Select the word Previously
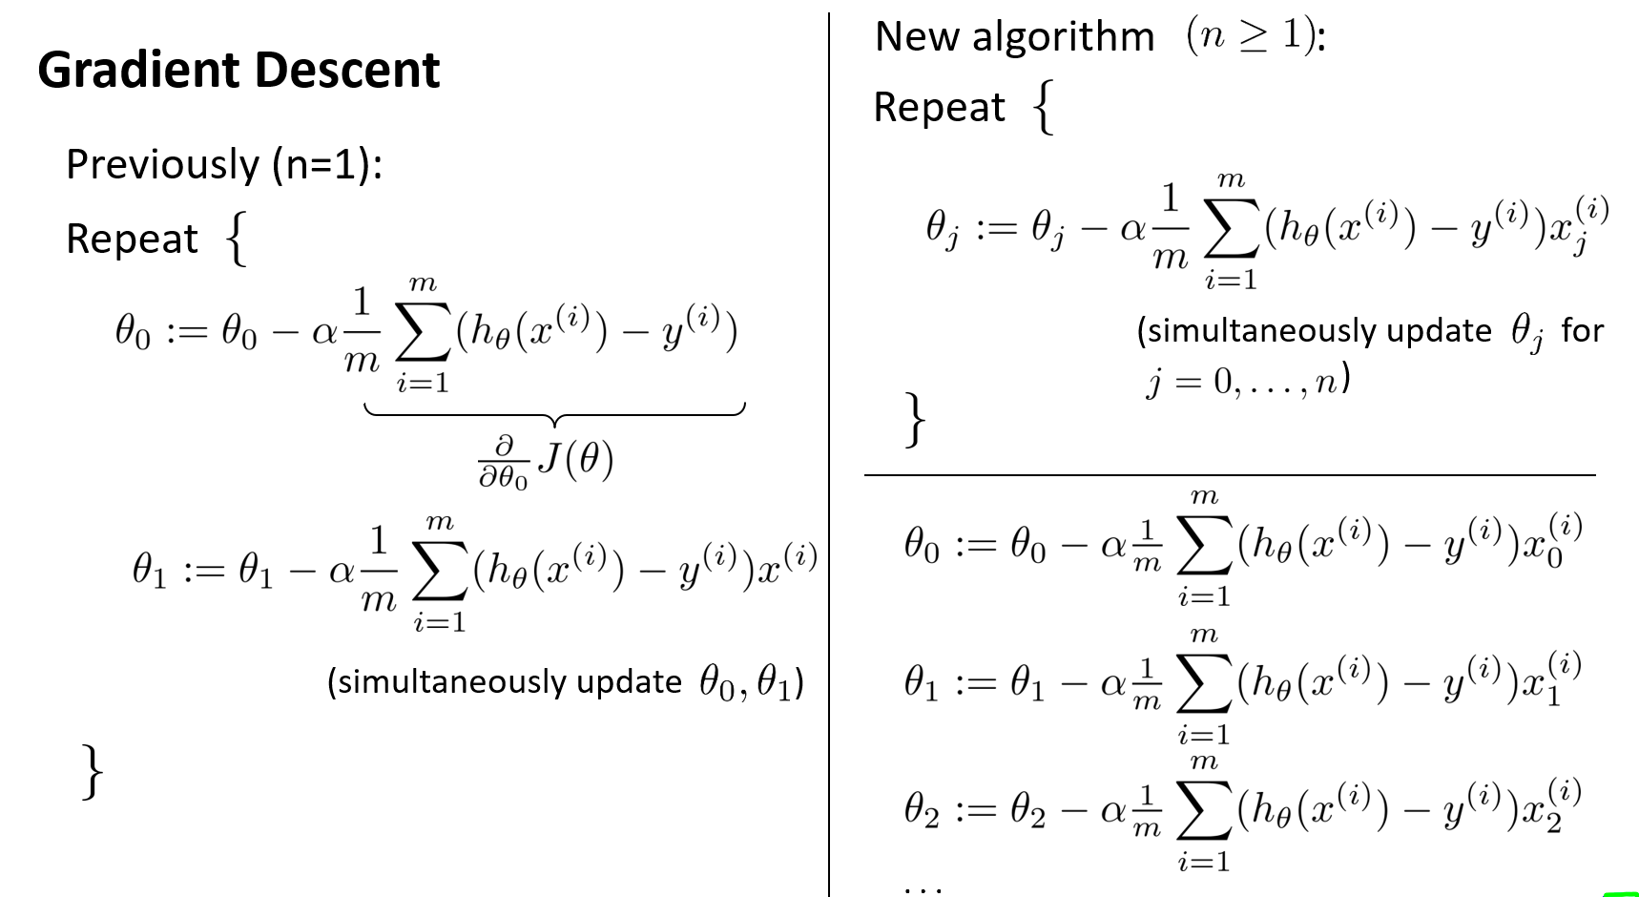pos(161,164)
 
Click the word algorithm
pos(1063,36)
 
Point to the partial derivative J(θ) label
pos(546,460)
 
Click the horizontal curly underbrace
pos(553,412)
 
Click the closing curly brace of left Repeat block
pos(93,771)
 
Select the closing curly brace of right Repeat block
pos(914,419)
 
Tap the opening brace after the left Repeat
pos(236,239)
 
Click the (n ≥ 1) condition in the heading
pos(1252,35)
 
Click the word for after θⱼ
pos(1582,330)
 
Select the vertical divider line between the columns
pos(828,477)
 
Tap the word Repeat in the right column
pos(939,107)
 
